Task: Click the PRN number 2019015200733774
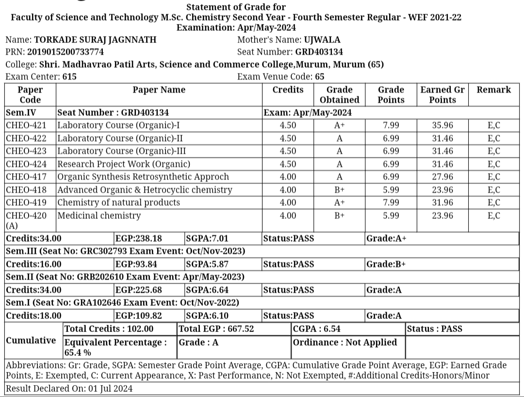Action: pyautogui.click(x=65, y=52)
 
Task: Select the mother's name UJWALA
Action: pyautogui.click(x=322, y=40)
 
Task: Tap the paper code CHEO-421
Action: pyautogui.click(x=26, y=125)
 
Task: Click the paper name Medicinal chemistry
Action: pyautogui.click(x=99, y=215)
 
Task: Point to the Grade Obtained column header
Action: pyautogui.click(x=339, y=95)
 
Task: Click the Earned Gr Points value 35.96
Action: pyautogui.click(x=442, y=125)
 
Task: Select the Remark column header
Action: pyautogui.click(x=493, y=90)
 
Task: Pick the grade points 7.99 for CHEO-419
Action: pyautogui.click(x=391, y=202)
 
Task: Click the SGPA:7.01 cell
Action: pyautogui.click(x=207, y=238)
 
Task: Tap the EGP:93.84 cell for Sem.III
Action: pyautogui.click(x=136, y=264)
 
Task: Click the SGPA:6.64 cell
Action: pyautogui.click(x=207, y=290)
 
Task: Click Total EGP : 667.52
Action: pyautogui.click(x=216, y=329)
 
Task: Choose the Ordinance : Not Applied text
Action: pyautogui.click(x=345, y=342)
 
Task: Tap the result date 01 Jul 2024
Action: pyautogui.click(x=110, y=388)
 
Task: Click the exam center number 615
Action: pyautogui.click(x=69, y=77)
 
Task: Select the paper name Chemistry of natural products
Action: pyautogui.click(x=119, y=202)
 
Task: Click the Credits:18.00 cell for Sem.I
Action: pyautogui.click(x=34, y=315)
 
